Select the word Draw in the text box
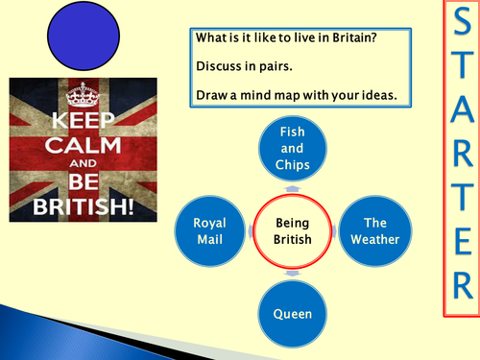click(x=211, y=94)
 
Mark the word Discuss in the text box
click(x=219, y=68)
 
